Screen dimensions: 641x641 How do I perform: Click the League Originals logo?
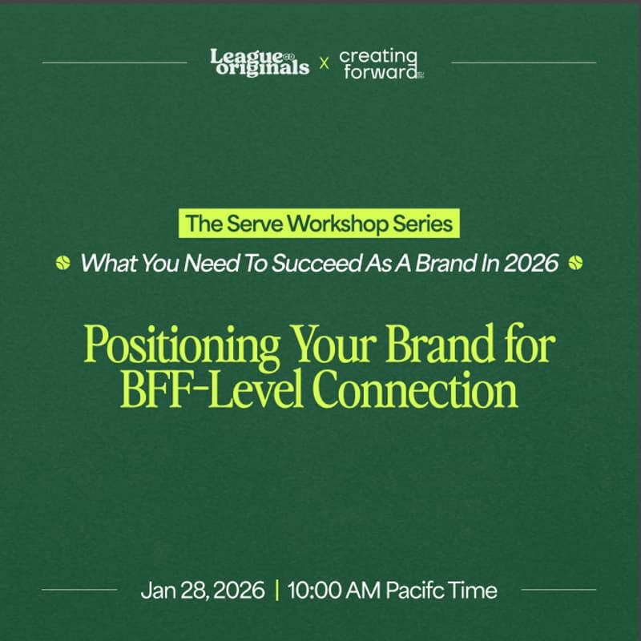coord(259,62)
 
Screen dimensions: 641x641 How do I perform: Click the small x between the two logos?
coord(324,62)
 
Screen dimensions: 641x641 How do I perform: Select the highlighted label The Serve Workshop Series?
coord(320,224)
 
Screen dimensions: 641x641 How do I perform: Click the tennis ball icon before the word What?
coord(63,262)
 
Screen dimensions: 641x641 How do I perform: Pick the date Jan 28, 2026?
coord(202,591)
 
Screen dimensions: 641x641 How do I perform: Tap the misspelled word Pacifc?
coord(417,591)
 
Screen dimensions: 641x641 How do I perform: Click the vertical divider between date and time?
coord(276,591)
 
